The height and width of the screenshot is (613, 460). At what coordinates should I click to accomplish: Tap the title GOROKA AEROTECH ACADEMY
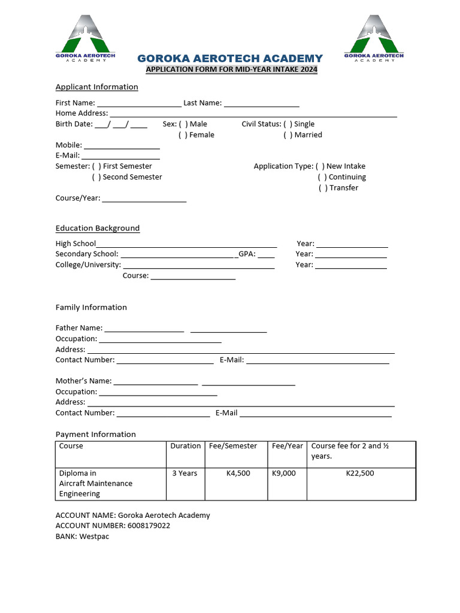[x=230, y=58]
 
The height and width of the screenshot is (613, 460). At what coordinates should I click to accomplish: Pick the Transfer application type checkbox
[x=322, y=188]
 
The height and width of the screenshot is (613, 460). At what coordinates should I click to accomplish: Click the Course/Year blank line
[x=144, y=199]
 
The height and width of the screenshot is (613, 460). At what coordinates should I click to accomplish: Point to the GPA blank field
[x=267, y=254]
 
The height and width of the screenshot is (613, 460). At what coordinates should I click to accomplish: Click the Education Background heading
[x=98, y=228]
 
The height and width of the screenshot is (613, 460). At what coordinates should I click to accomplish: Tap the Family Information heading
[x=91, y=307]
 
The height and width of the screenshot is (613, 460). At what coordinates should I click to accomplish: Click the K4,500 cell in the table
[x=238, y=473]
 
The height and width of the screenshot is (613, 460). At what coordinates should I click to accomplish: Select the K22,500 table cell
[x=360, y=473]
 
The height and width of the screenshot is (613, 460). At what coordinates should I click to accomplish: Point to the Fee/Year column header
[x=287, y=446]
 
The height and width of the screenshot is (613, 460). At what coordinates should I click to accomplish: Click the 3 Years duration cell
[x=184, y=473]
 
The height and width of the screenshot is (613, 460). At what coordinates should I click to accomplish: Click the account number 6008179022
[x=149, y=526]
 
